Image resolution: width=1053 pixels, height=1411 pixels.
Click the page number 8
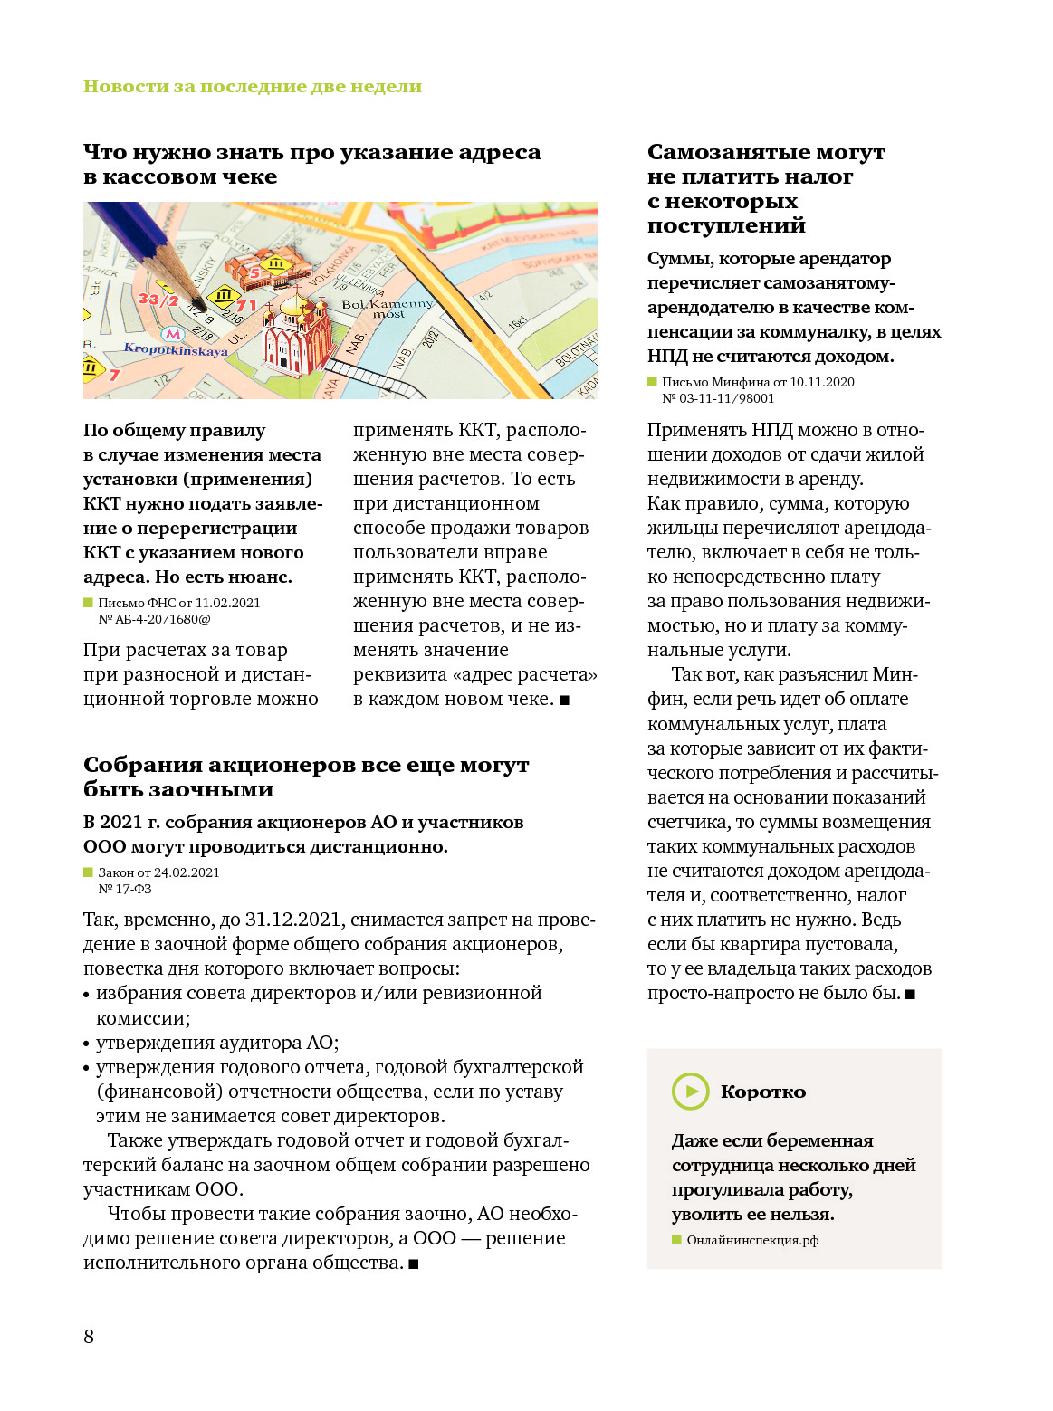89,1336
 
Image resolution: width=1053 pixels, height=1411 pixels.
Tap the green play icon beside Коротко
691,1091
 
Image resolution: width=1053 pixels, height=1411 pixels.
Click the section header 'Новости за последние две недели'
253,86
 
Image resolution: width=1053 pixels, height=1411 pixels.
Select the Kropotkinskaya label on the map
176,350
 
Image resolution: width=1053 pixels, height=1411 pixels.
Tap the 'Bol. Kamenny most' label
387,309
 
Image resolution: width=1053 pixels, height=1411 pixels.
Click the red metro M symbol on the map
172,333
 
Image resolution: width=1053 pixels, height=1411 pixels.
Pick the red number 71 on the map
247,306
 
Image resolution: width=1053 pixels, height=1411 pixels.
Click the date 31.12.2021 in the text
294,920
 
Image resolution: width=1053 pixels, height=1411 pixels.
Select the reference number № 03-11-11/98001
718,398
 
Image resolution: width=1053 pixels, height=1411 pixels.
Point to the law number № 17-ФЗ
125,889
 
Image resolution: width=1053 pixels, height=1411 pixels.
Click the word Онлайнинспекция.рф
752,1240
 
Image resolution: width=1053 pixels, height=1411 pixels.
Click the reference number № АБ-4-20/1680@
154,619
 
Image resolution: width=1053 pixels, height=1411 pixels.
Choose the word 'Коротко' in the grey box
762,1092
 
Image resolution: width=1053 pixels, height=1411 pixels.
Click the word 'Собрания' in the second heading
142,765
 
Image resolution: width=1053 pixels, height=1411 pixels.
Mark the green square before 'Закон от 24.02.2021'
89,872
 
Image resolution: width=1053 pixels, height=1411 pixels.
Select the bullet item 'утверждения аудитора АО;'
217,1043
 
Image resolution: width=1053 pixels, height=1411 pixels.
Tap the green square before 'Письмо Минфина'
652,382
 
